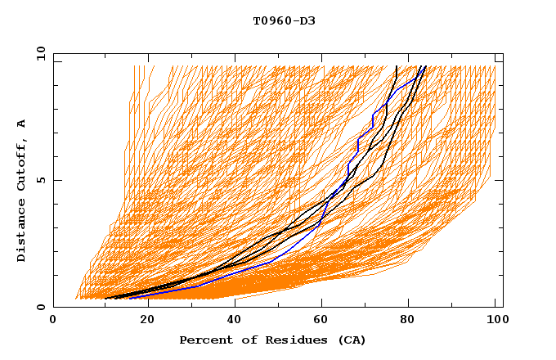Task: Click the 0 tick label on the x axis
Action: pyautogui.click(x=54, y=321)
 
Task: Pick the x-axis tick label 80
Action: pyautogui.click(x=410, y=321)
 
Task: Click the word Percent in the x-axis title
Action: pyautogui.click(x=204, y=340)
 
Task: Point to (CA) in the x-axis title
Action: pyautogui.click(x=350, y=340)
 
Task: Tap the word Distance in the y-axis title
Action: pyautogui.click(x=21, y=230)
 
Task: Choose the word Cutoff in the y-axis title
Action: pyautogui.click(x=21, y=164)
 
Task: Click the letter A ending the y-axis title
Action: pyautogui.click(x=21, y=124)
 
